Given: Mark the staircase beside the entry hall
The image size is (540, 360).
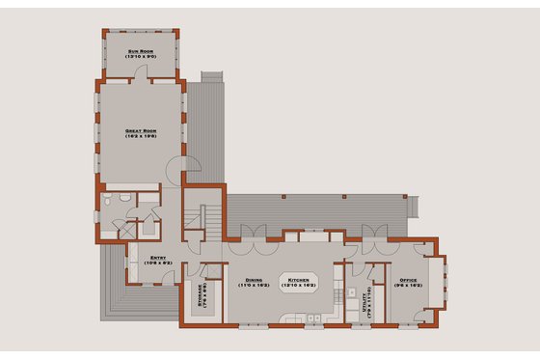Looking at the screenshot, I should (199, 218).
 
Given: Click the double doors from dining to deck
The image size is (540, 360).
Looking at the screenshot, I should (249, 233).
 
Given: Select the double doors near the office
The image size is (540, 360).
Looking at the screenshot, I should (371, 233).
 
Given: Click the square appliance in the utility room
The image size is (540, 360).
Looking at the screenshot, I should (354, 291).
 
